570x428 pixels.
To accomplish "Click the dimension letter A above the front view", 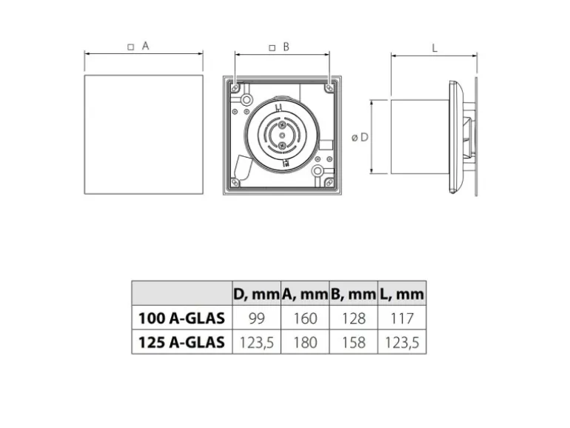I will tap(146, 46).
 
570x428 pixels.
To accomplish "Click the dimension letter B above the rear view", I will tap(286, 46).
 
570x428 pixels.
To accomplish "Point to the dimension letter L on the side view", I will tap(435, 47).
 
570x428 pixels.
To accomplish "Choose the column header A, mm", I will tap(304, 294).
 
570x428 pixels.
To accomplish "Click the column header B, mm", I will tap(352, 294).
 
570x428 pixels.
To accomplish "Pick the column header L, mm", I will tap(401, 294).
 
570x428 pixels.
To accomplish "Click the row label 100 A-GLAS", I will tap(181, 319).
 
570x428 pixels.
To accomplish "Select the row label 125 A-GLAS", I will tap(181, 343).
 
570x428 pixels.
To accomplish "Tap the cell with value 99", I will tap(256, 319).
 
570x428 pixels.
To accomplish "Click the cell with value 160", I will tap(304, 319).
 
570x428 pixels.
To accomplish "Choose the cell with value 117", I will tap(401, 319).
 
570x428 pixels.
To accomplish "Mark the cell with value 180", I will tap(304, 343).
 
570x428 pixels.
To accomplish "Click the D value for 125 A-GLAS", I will tap(256, 343).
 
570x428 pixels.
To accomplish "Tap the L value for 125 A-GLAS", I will tap(401, 343).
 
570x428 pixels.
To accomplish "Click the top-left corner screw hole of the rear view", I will tap(235, 87).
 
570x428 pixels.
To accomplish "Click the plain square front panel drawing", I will tap(144, 134).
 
